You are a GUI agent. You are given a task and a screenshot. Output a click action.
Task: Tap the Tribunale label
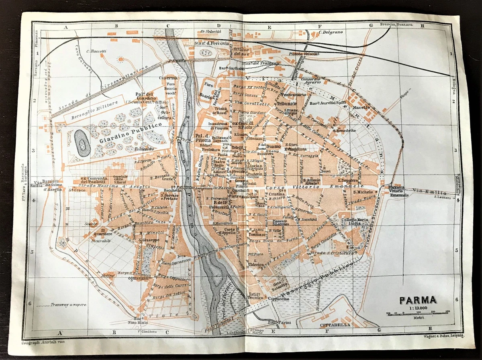click(286, 103)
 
